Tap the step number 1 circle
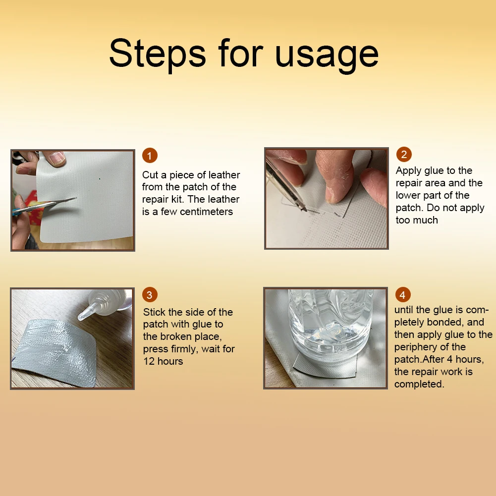click(x=150, y=155)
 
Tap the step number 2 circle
click(x=404, y=155)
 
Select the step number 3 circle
click(x=150, y=295)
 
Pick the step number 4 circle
click(x=403, y=295)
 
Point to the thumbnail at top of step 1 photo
click(x=56, y=158)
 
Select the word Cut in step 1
click(x=150, y=175)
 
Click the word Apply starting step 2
click(x=409, y=171)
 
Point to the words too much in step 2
click(x=417, y=220)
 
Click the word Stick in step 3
click(x=155, y=312)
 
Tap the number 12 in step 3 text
click(x=149, y=361)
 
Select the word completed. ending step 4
click(x=419, y=385)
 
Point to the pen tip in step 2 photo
click(x=304, y=209)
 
